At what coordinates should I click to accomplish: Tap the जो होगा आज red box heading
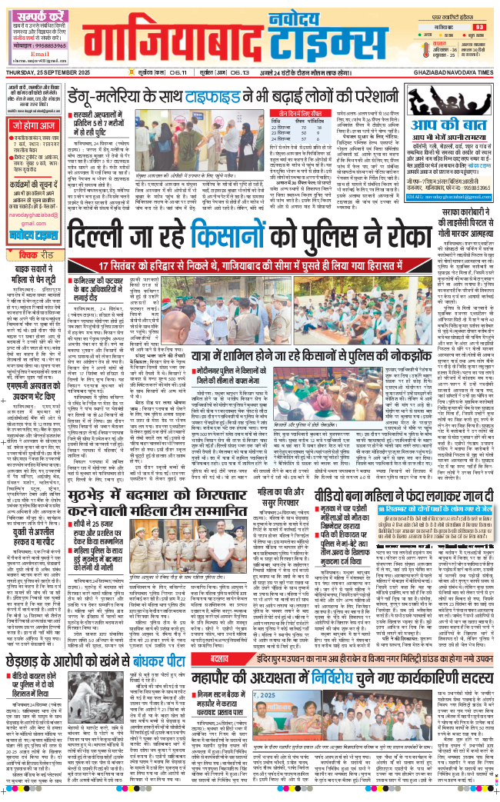click(32, 124)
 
